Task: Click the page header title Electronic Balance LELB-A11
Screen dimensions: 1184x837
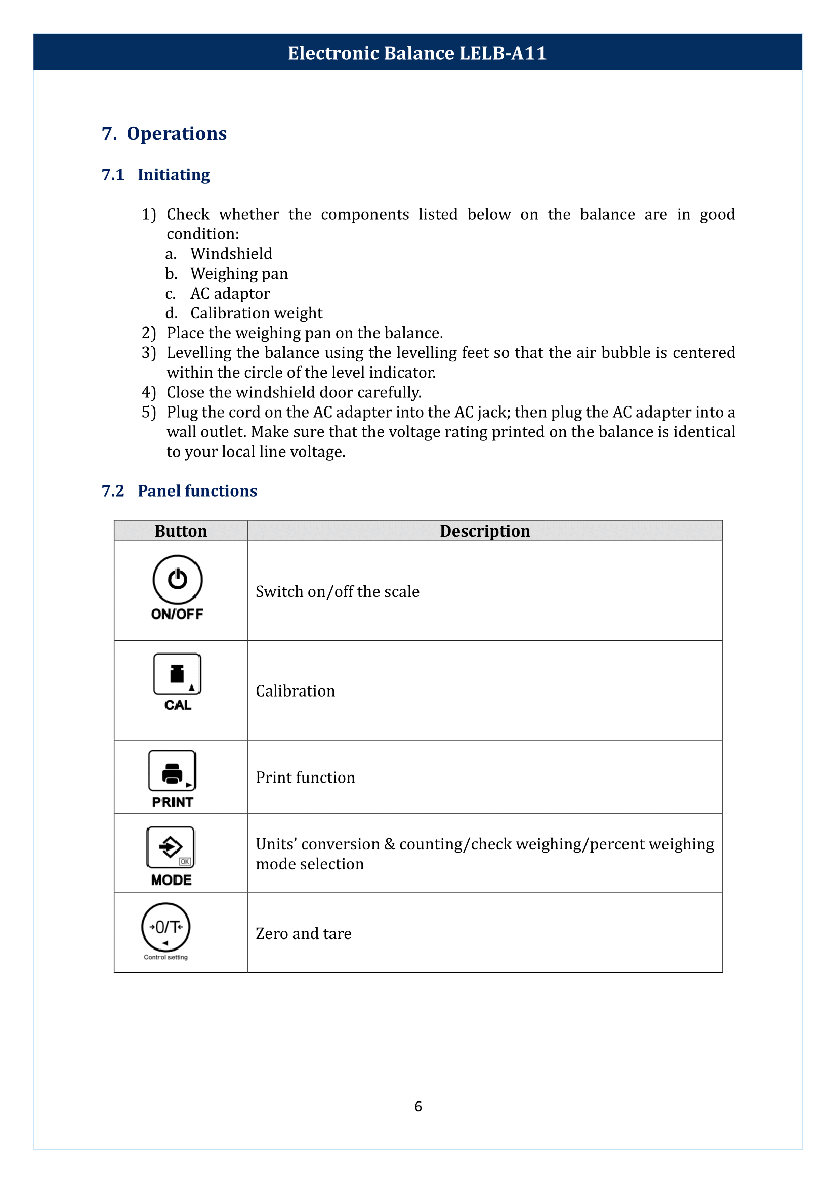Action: coord(417,53)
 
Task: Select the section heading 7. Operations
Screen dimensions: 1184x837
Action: coord(164,133)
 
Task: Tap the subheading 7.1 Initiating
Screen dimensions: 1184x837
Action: coord(156,174)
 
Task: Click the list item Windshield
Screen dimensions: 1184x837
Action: coord(231,253)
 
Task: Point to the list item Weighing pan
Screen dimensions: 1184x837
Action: coord(239,273)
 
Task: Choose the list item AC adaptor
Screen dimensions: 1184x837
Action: coord(230,293)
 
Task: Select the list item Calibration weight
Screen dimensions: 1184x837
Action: coord(256,313)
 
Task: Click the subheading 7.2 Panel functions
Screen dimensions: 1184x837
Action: coord(179,491)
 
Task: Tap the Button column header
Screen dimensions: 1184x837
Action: coord(180,530)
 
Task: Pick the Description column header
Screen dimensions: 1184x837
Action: coord(484,530)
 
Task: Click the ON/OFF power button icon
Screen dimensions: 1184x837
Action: coord(177,579)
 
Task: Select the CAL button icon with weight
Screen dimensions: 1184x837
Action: coord(177,674)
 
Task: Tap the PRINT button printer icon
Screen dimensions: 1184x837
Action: coord(172,770)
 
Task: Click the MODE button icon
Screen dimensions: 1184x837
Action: coord(171,847)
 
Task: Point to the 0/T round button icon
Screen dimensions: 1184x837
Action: coord(165,927)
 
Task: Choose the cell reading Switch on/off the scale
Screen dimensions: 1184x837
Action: coord(337,591)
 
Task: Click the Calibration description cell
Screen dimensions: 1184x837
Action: coord(296,690)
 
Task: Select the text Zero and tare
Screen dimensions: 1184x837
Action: coord(304,933)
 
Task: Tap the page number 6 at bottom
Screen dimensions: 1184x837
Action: coord(418,1106)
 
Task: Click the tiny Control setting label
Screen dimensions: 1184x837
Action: coord(165,957)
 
